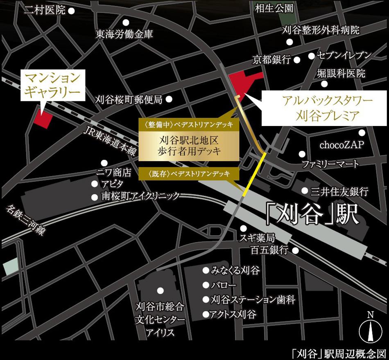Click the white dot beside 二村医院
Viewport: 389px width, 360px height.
coord(71,11)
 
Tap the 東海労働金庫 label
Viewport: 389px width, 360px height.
coord(124,34)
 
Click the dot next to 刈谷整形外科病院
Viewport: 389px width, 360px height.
coord(290,42)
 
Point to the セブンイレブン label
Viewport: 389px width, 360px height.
coord(344,55)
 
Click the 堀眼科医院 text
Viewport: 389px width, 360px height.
coord(341,74)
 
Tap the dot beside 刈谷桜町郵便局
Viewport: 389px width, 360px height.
coord(169,99)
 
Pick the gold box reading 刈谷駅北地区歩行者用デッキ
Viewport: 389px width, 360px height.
coord(189,145)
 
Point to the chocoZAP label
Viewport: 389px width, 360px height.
coord(341,146)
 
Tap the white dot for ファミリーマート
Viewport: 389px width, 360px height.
coord(302,154)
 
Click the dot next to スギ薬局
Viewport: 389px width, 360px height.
coord(244,228)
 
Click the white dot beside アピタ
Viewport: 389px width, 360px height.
coord(95,184)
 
